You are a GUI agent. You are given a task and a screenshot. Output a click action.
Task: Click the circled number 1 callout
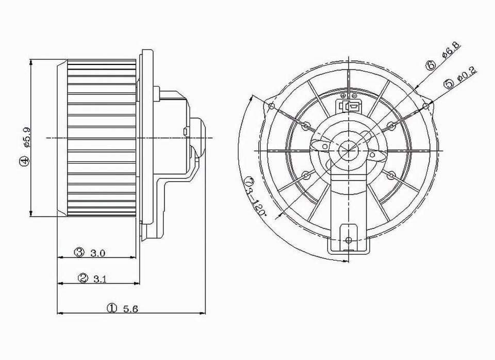[112, 308]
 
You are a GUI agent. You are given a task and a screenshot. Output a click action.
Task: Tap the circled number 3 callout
[79, 252]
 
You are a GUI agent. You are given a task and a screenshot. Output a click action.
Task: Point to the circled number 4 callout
[25, 161]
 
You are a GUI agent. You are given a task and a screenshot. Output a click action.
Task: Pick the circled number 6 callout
[431, 65]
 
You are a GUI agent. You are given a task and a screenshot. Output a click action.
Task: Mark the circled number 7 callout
[250, 181]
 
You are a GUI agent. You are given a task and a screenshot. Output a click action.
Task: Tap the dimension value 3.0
[97, 252]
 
